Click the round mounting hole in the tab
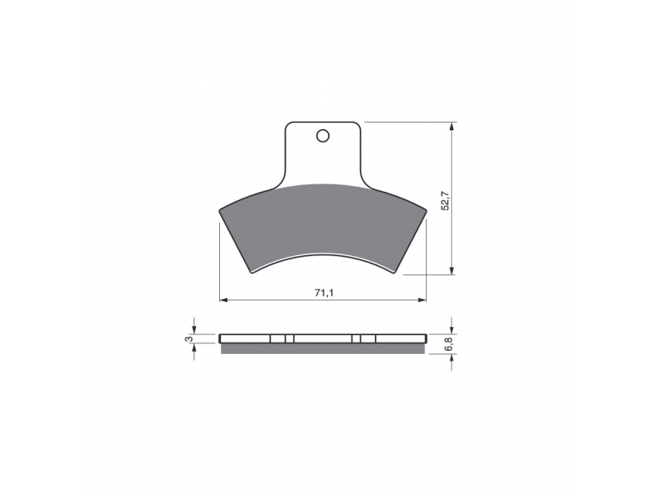[x=323, y=136]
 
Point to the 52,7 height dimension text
[x=446, y=201]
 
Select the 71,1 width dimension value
[x=324, y=293]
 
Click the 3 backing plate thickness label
[x=189, y=338]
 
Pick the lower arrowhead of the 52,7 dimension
[x=451, y=270]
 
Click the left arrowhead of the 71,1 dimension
[x=224, y=300]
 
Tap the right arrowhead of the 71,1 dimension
[x=422, y=300]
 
